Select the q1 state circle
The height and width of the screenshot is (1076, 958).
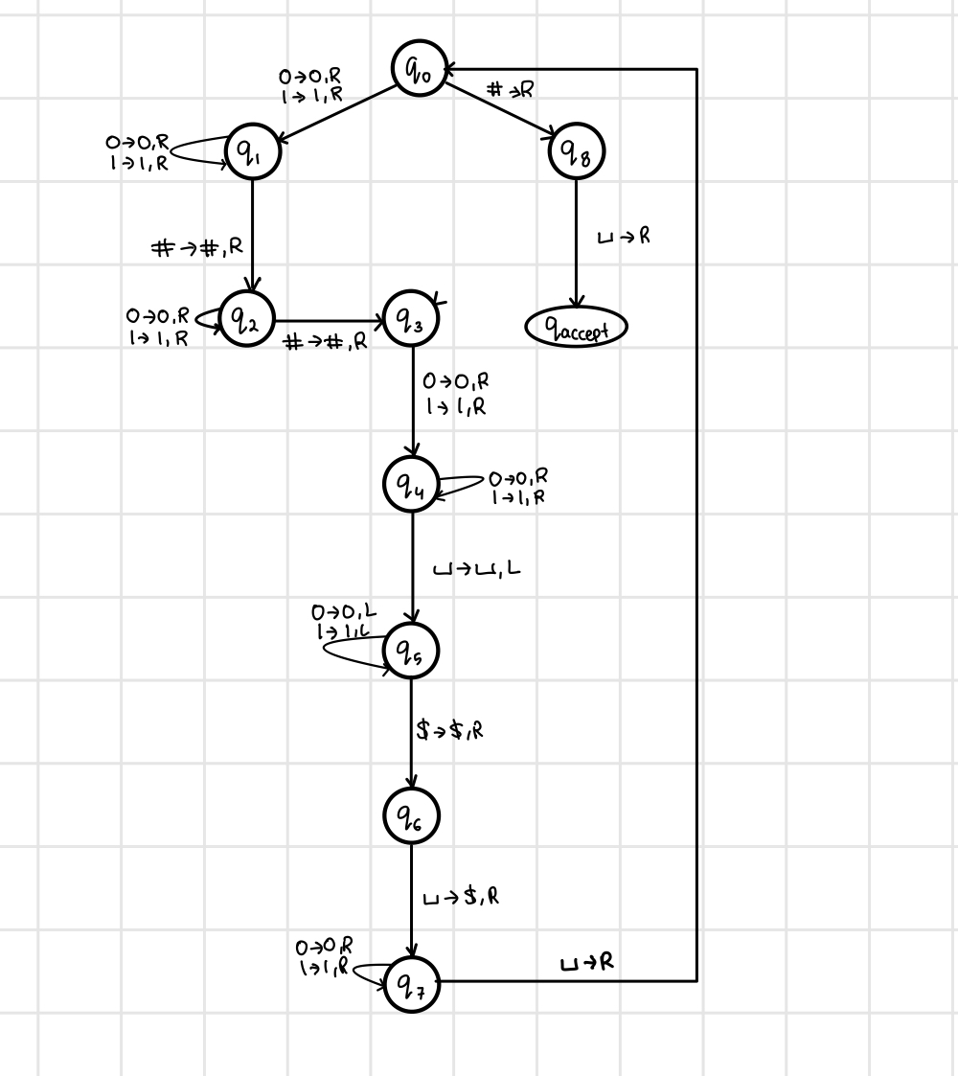pos(252,152)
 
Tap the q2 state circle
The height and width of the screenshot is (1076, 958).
pos(247,319)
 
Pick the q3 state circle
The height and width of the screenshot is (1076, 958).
pos(411,319)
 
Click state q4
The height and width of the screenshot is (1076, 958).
pos(411,485)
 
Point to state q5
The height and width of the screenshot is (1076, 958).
pos(411,652)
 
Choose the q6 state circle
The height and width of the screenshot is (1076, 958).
pos(411,815)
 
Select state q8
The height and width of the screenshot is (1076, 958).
pos(577,152)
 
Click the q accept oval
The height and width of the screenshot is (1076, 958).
pos(576,329)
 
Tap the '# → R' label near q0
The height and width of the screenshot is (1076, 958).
pos(511,90)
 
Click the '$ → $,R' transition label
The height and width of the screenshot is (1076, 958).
pos(450,730)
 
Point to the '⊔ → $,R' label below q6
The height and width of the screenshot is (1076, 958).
pos(461,898)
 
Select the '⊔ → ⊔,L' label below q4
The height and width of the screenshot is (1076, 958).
pos(476,569)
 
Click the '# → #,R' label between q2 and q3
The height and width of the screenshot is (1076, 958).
pos(326,342)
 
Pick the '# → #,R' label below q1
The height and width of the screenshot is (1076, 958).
pos(198,247)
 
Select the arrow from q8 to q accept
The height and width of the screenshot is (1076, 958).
pos(577,244)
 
